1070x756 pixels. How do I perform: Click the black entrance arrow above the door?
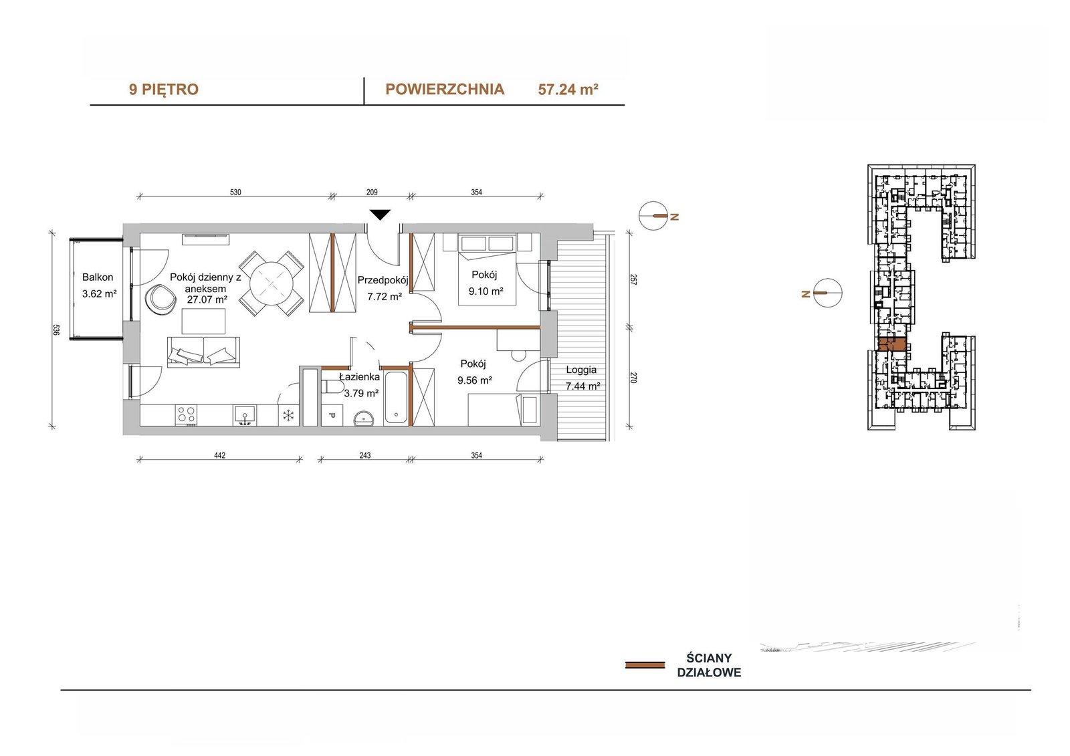pos(381,215)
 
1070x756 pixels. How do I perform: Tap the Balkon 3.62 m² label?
pos(98,285)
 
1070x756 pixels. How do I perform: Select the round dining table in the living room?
pos(272,283)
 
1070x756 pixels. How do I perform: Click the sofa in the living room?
pos(203,352)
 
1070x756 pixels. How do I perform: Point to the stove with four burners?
pos(187,415)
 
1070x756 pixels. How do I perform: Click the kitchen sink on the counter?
pos(245,416)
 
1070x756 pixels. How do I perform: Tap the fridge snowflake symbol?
pos(288,416)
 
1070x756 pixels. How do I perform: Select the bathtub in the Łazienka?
pos(395,397)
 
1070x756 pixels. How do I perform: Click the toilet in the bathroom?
pos(334,386)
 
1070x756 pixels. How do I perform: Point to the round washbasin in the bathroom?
pos(365,418)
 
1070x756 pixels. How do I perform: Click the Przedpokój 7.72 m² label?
pos(383,288)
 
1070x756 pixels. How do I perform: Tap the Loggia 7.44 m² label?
pos(582,377)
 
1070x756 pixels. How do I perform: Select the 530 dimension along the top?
pos(235,193)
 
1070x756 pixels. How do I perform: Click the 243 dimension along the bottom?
pos(365,456)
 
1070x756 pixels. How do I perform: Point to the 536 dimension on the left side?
pos(56,330)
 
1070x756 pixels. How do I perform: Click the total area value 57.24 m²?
pos(568,90)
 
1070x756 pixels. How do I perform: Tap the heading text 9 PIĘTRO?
pos(163,90)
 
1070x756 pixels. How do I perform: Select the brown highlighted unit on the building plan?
pos(892,344)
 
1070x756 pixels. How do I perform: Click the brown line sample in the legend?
pos(645,665)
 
